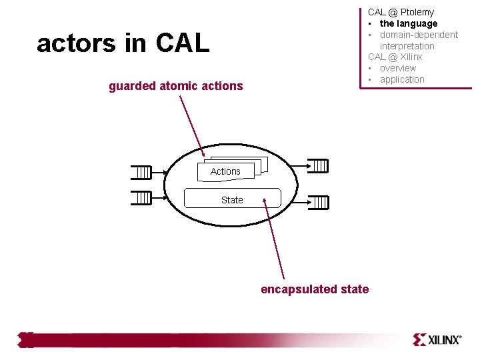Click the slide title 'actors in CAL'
[123, 43]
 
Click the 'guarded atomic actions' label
[176, 85]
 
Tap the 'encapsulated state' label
[315, 289]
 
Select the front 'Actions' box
[225, 171]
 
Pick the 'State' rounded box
[232, 199]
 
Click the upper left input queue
[141, 173]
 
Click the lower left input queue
[141, 198]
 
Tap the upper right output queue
[321, 165]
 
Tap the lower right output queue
[321, 202]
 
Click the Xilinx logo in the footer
[437, 339]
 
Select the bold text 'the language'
[409, 23]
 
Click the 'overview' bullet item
[398, 68]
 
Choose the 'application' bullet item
[402, 79]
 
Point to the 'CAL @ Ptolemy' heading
[401, 12]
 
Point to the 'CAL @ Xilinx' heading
[395, 57]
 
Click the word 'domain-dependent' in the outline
[419, 35]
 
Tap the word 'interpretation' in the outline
[407, 46]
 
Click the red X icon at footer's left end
[26, 339]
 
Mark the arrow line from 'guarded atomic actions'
[191, 127]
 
